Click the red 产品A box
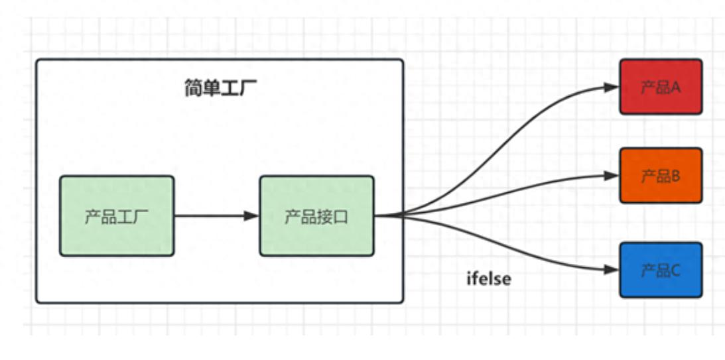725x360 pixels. tap(661, 87)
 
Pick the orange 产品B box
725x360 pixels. tap(661, 176)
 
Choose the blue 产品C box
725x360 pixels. tap(661, 270)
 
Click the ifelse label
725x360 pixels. tap(489, 279)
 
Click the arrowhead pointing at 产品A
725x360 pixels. tap(612, 87)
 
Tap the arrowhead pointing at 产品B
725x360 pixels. tap(612, 176)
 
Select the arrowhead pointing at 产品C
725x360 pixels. tap(612, 270)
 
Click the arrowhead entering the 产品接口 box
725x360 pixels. tap(251, 215)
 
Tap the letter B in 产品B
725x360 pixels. tap(676, 176)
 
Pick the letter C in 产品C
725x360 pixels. tap(676, 270)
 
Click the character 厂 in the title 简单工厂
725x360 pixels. tap(248, 88)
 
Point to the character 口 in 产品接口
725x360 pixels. tap(341, 217)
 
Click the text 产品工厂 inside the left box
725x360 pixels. tap(117, 217)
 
